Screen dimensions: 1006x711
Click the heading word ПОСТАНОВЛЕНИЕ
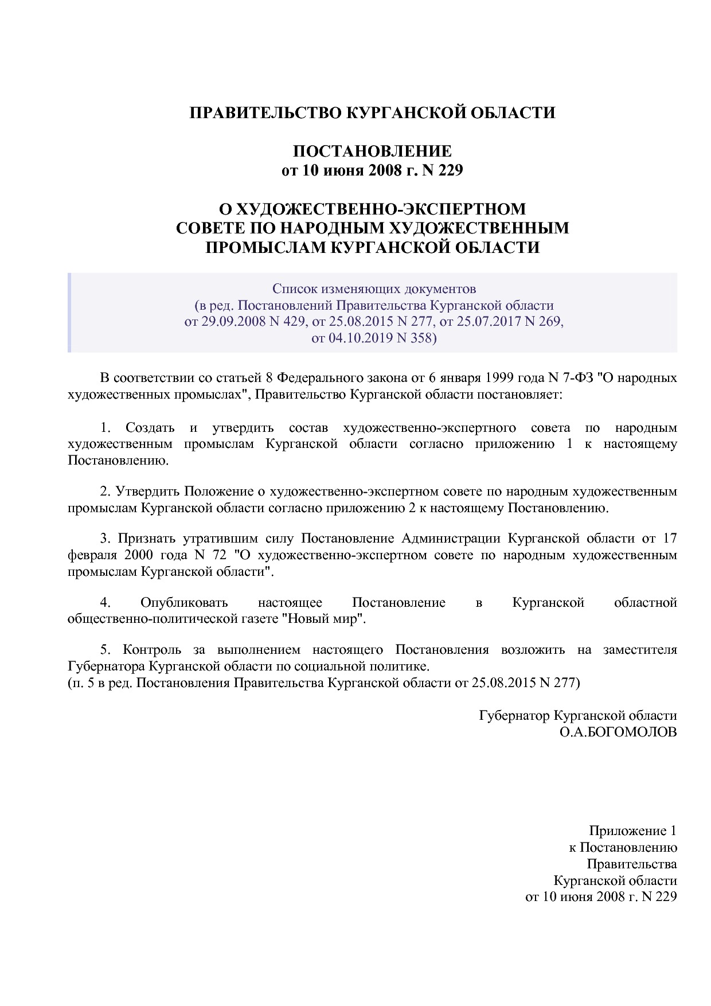click(x=372, y=151)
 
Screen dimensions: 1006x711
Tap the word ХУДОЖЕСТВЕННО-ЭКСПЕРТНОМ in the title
click(x=373, y=208)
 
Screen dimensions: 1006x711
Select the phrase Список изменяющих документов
click(x=374, y=288)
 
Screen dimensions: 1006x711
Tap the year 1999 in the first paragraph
click(x=500, y=378)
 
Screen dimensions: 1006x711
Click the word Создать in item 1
click(x=150, y=428)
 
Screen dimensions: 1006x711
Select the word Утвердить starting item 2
click(x=148, y=492)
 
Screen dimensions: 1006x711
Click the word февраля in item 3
click(x=92, y=555)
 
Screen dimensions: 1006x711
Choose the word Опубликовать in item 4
click(x=184, y=603)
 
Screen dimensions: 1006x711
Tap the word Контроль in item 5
click(x=152, y=650)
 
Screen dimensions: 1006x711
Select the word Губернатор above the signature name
click(x=514, y=716)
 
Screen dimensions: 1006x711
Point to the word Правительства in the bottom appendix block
click(x=631, y=864)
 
